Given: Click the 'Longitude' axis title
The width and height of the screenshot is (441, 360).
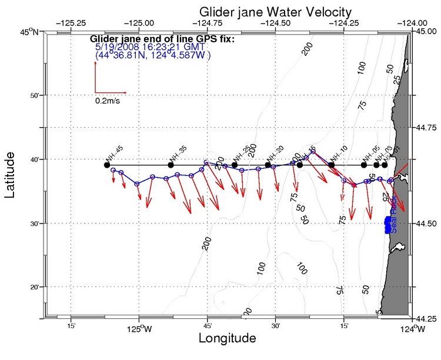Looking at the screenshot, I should click(227, 339).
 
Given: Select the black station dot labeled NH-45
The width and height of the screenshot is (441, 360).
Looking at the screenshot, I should click(107, 165).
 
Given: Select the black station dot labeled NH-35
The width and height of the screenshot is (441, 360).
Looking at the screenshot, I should click(171, 165).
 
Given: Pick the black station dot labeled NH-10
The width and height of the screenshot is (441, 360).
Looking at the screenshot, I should click(332, 165).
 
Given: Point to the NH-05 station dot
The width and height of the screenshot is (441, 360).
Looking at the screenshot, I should click(364, 165).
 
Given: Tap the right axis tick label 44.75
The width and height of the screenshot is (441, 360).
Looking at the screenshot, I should click(424, 127).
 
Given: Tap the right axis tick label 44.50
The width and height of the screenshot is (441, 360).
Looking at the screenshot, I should click(424, 223).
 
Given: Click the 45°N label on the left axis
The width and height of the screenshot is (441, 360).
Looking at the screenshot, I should click(29, 32).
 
